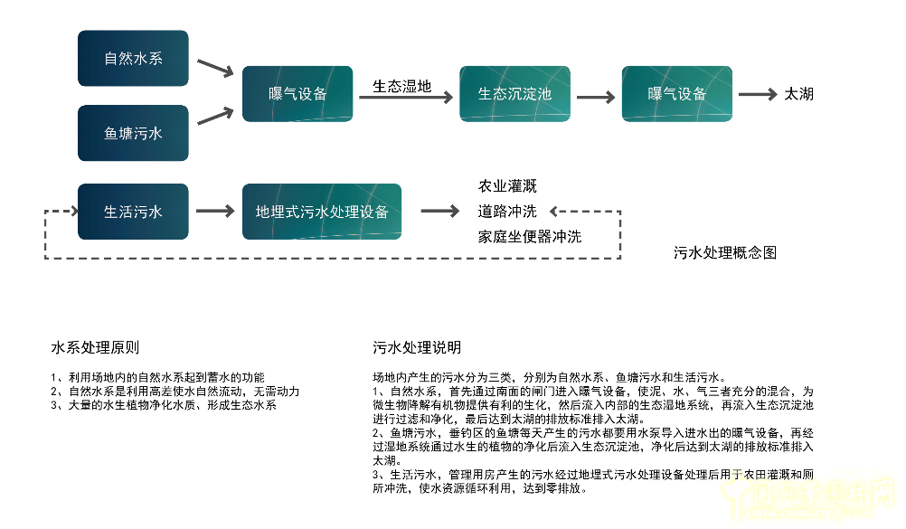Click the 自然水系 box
coord(133,59)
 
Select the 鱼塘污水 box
coord(133,133)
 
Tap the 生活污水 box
coord(133,213)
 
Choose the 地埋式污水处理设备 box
coord(322,213)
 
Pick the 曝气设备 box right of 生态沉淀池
coord(676,94)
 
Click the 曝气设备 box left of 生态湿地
coord(297,94)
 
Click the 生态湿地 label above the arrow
coord(401,87)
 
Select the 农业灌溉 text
coord(506,186)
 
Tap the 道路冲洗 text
coord(506,212)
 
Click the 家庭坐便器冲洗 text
coord(529,237)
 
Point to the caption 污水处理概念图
coord(724,253)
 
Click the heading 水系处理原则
coord(95,347)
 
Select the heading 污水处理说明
coord(417,347)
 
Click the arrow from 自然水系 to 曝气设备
coord(215,68)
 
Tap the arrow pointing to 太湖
coord(757,94)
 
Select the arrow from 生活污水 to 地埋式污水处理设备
coord(215,213)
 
